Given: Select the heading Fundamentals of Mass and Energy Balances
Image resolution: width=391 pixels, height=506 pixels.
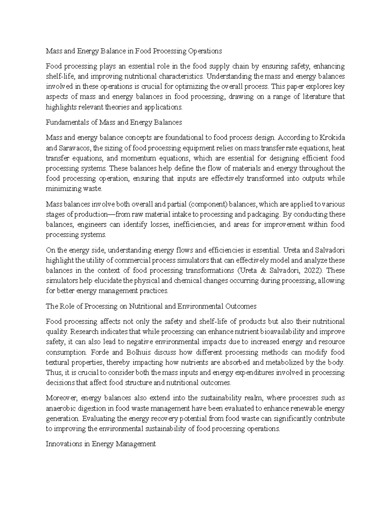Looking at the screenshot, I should click(114, 123).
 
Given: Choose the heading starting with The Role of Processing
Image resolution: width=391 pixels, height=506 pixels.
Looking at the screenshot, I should click(151, 306).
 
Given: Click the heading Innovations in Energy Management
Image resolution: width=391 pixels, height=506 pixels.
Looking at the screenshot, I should click(101, 444).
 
